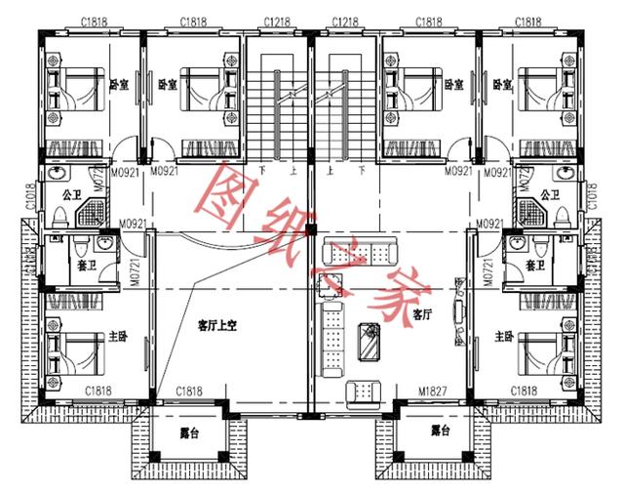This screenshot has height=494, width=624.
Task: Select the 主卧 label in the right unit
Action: (x=503, y=337)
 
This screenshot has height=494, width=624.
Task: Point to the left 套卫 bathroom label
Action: (x=86, y=265)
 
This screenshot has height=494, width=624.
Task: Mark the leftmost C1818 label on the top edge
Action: (x=93, y=21)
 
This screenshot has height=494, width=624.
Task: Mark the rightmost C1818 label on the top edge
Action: (x=527, y=21)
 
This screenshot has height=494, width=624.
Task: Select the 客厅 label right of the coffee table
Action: (x=421, y=314)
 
